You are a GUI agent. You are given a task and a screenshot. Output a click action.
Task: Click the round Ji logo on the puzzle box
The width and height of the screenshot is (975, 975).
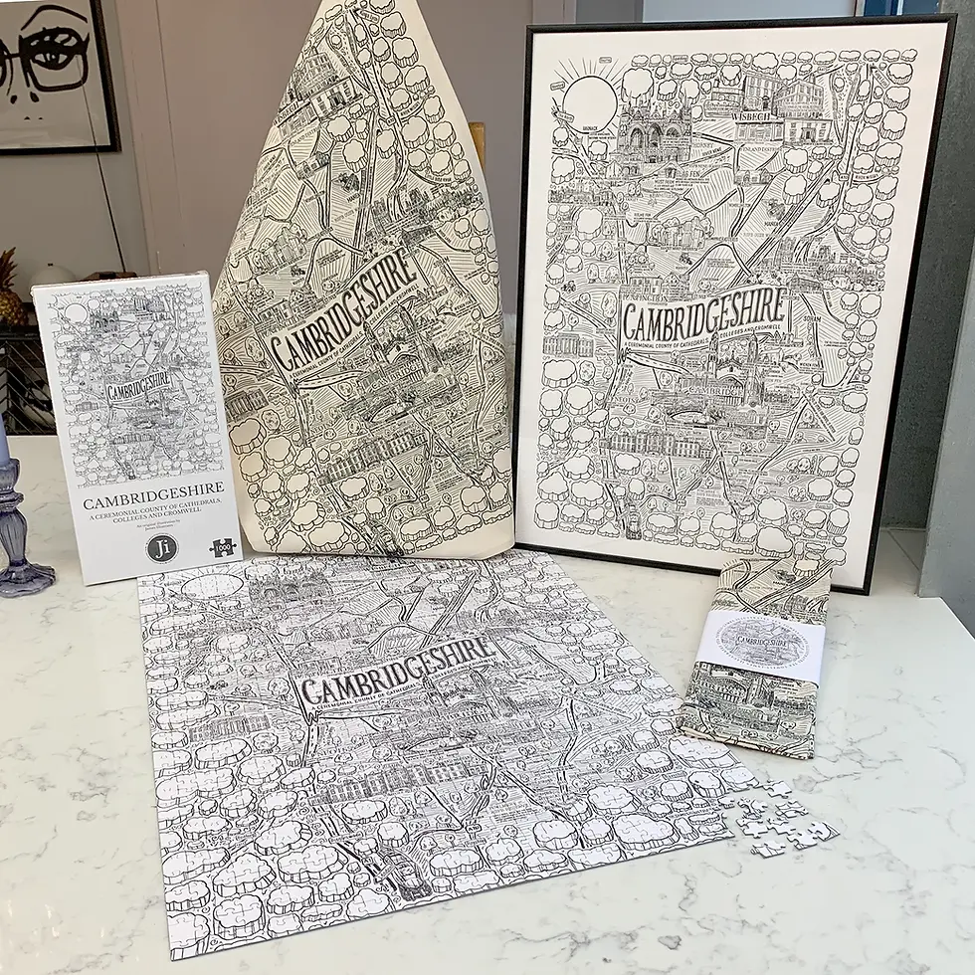(161, 548)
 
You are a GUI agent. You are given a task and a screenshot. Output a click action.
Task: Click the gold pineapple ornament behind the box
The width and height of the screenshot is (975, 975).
(8, 289)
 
